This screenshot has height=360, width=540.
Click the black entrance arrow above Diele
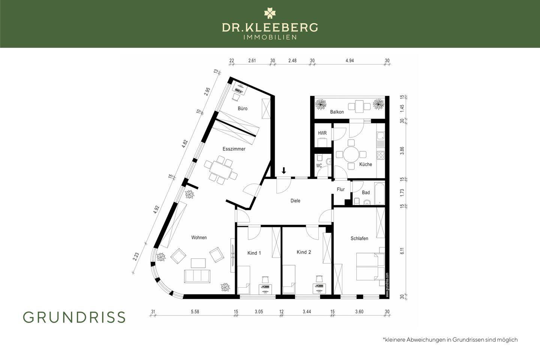(284, 171)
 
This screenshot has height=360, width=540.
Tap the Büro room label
(243, 108)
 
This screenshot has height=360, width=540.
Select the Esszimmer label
(234, 149)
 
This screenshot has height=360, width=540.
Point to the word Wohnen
(199, 237)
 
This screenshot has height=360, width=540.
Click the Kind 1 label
(254, 253)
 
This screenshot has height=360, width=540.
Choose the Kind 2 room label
(304, 252)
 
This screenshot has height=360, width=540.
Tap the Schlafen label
(359, 238)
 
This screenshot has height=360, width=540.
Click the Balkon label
(337, 112)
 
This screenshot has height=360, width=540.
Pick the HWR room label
(322, 133)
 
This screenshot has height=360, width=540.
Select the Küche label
(366, 164)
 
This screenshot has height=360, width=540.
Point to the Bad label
(366, 192)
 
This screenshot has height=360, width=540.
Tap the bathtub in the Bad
(379, 193)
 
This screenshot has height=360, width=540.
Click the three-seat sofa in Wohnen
(197, 276)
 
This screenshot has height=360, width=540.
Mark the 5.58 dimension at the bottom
(195, 312)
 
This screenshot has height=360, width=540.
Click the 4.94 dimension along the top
(349, 60)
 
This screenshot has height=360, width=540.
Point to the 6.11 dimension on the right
(402, 251)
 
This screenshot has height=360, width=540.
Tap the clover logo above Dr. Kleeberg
(270, 13)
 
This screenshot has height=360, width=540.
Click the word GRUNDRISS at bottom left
(74, 317)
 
